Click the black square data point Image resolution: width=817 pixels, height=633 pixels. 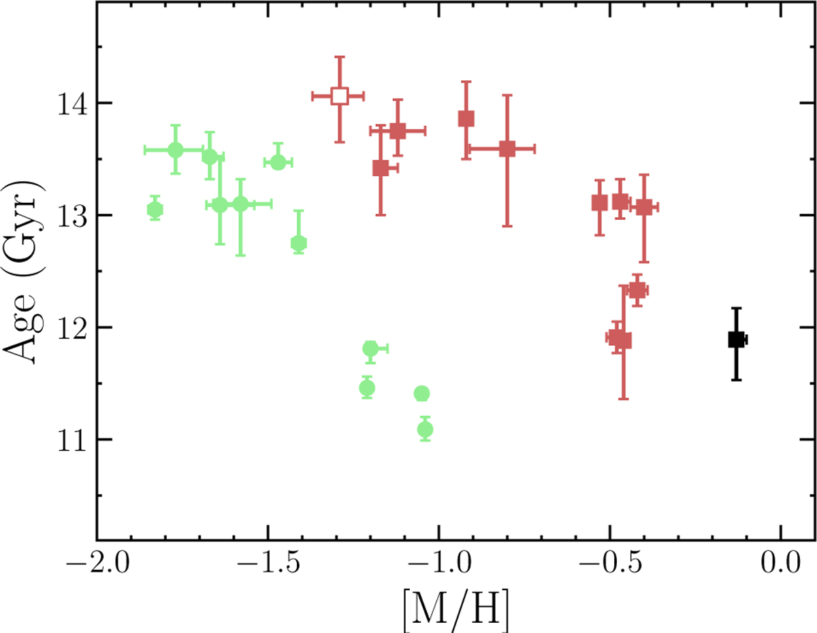coord(736,339)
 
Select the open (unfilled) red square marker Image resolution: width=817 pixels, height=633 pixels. coord(340,96)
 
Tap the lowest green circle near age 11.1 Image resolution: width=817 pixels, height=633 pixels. coord(426,429)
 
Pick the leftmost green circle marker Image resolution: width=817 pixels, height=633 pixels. coord(155,210)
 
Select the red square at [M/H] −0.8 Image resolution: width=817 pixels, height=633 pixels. coord(507,148)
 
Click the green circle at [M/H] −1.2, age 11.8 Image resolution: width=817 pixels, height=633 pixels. coord(370,348)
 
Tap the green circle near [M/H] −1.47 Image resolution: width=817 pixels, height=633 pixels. coord(278,162)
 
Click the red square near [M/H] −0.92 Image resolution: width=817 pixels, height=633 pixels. coord(466,118)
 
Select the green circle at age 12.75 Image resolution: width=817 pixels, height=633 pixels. coord(298,243)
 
